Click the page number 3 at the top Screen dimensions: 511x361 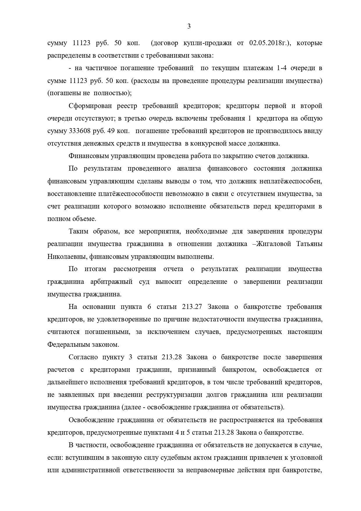189,26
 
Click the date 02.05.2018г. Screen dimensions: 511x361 271,43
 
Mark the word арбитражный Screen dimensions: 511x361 112,282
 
